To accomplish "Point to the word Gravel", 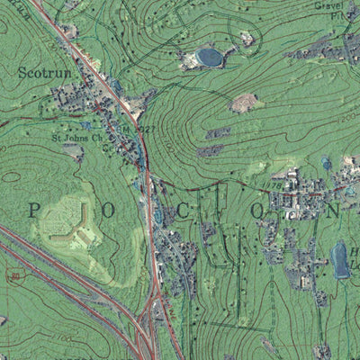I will pos(329,4).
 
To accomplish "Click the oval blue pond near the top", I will pos(210,58).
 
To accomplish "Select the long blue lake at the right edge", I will pos(340,259).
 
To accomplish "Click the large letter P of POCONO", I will pos(34,211).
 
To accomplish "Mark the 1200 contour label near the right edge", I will pos(346,118).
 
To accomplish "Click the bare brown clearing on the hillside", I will pos(243,103).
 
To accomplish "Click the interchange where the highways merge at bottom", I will pos(144,337).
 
